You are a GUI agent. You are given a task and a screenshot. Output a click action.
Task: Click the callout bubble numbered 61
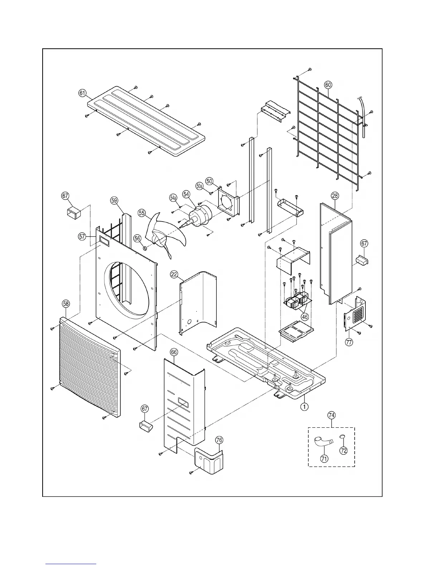(83, 93)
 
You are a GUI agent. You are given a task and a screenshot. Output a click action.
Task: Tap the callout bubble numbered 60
(328, 85)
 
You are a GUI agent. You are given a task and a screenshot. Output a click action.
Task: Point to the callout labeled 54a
(173, 198)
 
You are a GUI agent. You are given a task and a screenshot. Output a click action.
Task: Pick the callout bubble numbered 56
(137, 239)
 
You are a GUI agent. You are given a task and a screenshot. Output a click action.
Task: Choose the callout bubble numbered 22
(174, 275)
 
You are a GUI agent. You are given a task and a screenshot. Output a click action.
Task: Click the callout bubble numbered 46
(305, 317)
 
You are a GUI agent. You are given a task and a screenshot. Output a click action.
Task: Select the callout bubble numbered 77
(349, 342)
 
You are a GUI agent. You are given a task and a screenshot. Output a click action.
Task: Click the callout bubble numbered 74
(331, 415)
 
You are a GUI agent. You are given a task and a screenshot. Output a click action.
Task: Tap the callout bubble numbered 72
(344, 451)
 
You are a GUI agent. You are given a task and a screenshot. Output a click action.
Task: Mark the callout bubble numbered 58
(66, 304)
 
